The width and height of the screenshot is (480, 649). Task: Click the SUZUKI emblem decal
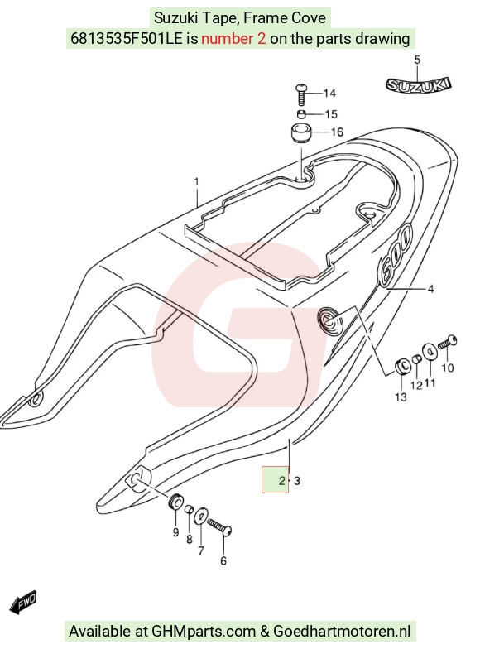pyautogui.click(x=418, y=85)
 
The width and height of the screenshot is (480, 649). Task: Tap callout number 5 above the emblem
pyautogui.click(x=417, y=60)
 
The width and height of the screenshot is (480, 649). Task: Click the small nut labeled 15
pyautogui.click(x=301, y=114)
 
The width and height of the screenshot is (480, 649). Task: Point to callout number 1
pyautogui.click(x=197, y=182)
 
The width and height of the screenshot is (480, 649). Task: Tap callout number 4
pyautogui.click(x=430, y=289)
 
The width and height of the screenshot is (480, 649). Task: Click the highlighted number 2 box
pyautogui.click(x=275, y=480)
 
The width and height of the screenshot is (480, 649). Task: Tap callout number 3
pyautogui.click(x=296, y=481)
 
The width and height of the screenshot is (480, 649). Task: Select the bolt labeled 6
pyautogui.click(x=220, y=526)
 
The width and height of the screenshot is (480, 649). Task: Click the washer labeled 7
pyautogui.click(x=201, y=516)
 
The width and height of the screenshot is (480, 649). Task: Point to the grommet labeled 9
pyautogui.click(x=177, y=502)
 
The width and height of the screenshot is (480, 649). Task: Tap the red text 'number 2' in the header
pyautogui.click(x=233, y=38)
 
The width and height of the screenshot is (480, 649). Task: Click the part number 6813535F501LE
pyautogui.click(x=126, y=38)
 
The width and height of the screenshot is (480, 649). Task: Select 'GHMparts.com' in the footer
pyautogui.click(x=204, y=632)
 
